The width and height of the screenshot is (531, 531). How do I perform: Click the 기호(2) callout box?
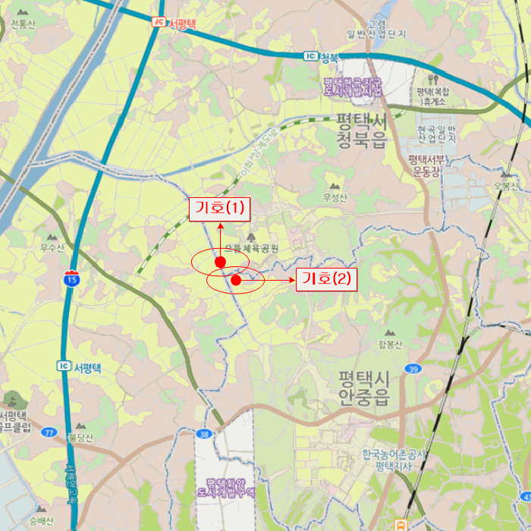[x=326, y=279]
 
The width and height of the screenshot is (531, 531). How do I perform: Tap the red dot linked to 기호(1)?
[x=220, y=262]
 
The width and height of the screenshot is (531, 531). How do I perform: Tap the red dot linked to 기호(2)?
[x=235, y=281]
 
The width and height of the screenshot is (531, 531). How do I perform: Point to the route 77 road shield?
[x=50, y=432]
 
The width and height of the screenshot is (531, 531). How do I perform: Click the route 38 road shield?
[x=203, y=435]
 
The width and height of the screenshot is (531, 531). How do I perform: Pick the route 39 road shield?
[x=413, y=369]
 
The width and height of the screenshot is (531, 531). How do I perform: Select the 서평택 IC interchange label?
[x=83, y=367]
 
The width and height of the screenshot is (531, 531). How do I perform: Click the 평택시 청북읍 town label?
[x=361, y=130]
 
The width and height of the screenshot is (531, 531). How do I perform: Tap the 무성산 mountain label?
[x=335, y=199]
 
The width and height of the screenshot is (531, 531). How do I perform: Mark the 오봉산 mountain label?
[x=506, y=187]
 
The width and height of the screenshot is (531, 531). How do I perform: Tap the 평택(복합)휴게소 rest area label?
[x=433, y=96]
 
